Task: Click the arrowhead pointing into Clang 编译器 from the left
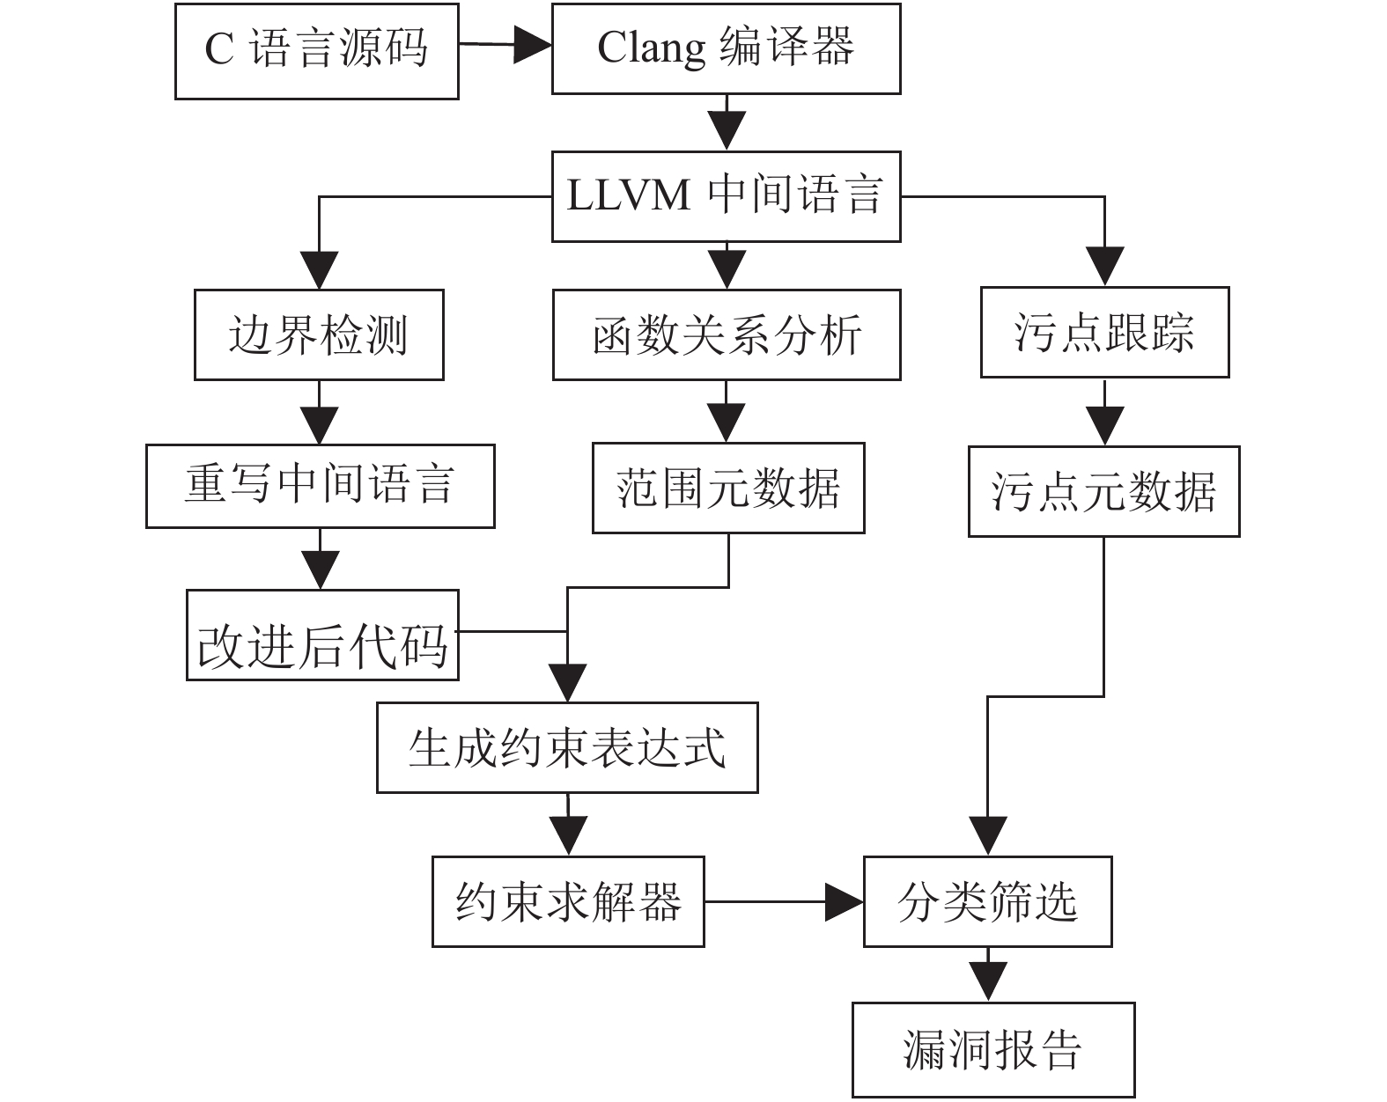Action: coord(533,45)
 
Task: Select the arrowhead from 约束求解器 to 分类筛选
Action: coord(845,901)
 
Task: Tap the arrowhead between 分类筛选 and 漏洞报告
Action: coord(988,982)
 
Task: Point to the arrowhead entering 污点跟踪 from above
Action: coord(1104,266)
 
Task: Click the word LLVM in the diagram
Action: coord(629,196)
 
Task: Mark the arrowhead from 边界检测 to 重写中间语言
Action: coord(319,425)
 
